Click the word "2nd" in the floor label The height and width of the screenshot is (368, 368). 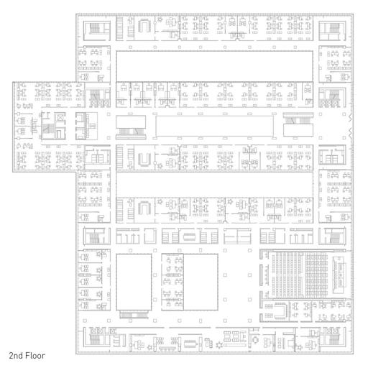coord(16,356)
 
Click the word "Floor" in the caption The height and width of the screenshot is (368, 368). coord(35,356)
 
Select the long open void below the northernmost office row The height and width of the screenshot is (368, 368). coord(215,66)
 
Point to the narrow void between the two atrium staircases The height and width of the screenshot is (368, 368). coord(214,126)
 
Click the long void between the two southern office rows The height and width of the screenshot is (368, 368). coord(215,184)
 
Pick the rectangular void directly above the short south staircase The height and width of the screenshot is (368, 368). coord(134,282)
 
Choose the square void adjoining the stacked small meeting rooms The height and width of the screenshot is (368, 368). coord(201,282)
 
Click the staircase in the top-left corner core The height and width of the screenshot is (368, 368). coord(95,28)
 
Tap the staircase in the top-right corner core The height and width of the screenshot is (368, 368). coord(334,28)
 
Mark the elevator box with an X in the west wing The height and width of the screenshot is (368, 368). coord(60,118)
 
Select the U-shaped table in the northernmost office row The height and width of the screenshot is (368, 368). coord(144,27)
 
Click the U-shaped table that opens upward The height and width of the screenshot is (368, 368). coord(144,159)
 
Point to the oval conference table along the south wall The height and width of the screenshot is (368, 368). coord(190,344)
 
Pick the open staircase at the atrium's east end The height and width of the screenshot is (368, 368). coord(298,120)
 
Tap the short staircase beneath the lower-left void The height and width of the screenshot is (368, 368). coord(134,314)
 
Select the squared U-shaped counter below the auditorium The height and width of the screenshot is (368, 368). coord(281,310)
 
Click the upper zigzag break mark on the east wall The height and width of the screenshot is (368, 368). coord(350,118)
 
